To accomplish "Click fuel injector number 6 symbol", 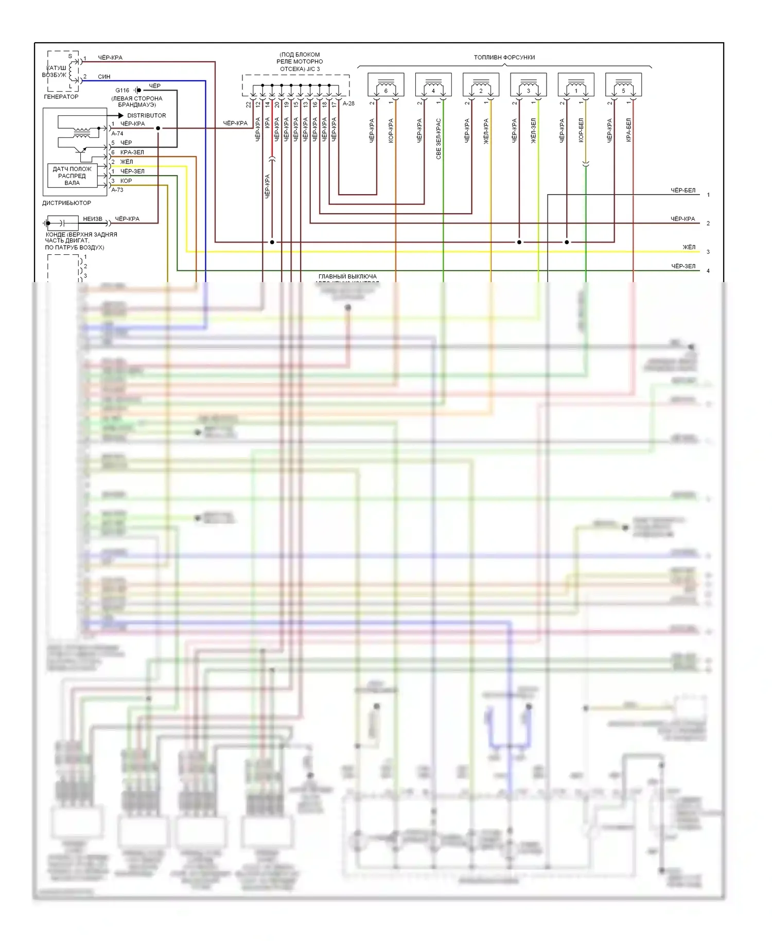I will pos(385,84).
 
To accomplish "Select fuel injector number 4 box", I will pos(433,84).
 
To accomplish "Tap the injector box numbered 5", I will pos(623,84).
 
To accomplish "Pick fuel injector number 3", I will pos(528,84).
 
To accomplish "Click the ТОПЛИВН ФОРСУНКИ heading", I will pos(504,58).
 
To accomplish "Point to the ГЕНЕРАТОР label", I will pos(61,97).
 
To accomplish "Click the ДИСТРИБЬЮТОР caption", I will pos(66,203).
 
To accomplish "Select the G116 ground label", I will pos(122,90).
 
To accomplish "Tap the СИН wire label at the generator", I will pos(104,77).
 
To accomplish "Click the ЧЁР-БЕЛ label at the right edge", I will pos(682,190).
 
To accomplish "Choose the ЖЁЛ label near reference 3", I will pos(689,247).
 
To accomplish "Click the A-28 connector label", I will pos(348,103).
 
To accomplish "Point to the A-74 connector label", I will pos(117,133).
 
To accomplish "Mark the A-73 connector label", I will pos(117,190).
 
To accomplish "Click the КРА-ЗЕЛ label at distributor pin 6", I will pos(132,152).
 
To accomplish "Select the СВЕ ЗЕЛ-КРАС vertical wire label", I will pos(438,138).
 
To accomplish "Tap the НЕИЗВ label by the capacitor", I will pos(93,219).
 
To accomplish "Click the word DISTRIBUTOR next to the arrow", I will pos(146,115).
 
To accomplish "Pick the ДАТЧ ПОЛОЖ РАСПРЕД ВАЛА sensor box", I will pos(72,176).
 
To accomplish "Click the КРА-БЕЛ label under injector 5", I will pos(628,130).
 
